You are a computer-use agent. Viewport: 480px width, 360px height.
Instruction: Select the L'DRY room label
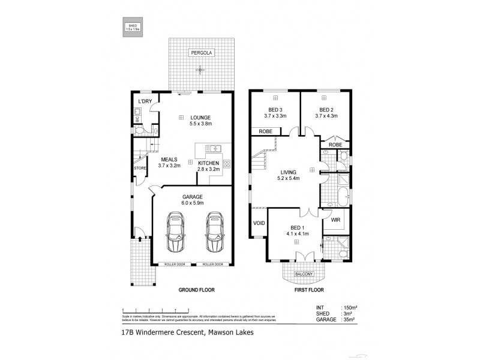[145, 101]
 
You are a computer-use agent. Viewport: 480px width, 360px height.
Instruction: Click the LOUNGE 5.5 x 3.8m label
[200, 120]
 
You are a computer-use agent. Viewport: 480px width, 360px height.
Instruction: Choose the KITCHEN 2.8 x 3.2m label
[209, 166]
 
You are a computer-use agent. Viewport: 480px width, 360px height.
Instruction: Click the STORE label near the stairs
[139, 168]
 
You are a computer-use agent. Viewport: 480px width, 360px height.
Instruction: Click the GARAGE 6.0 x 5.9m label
[193, 200]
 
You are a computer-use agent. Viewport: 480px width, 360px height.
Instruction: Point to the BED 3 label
[275, 113]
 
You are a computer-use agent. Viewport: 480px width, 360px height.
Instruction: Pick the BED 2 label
[326, 113]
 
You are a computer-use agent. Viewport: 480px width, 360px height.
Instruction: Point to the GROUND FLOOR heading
[196, 290]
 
